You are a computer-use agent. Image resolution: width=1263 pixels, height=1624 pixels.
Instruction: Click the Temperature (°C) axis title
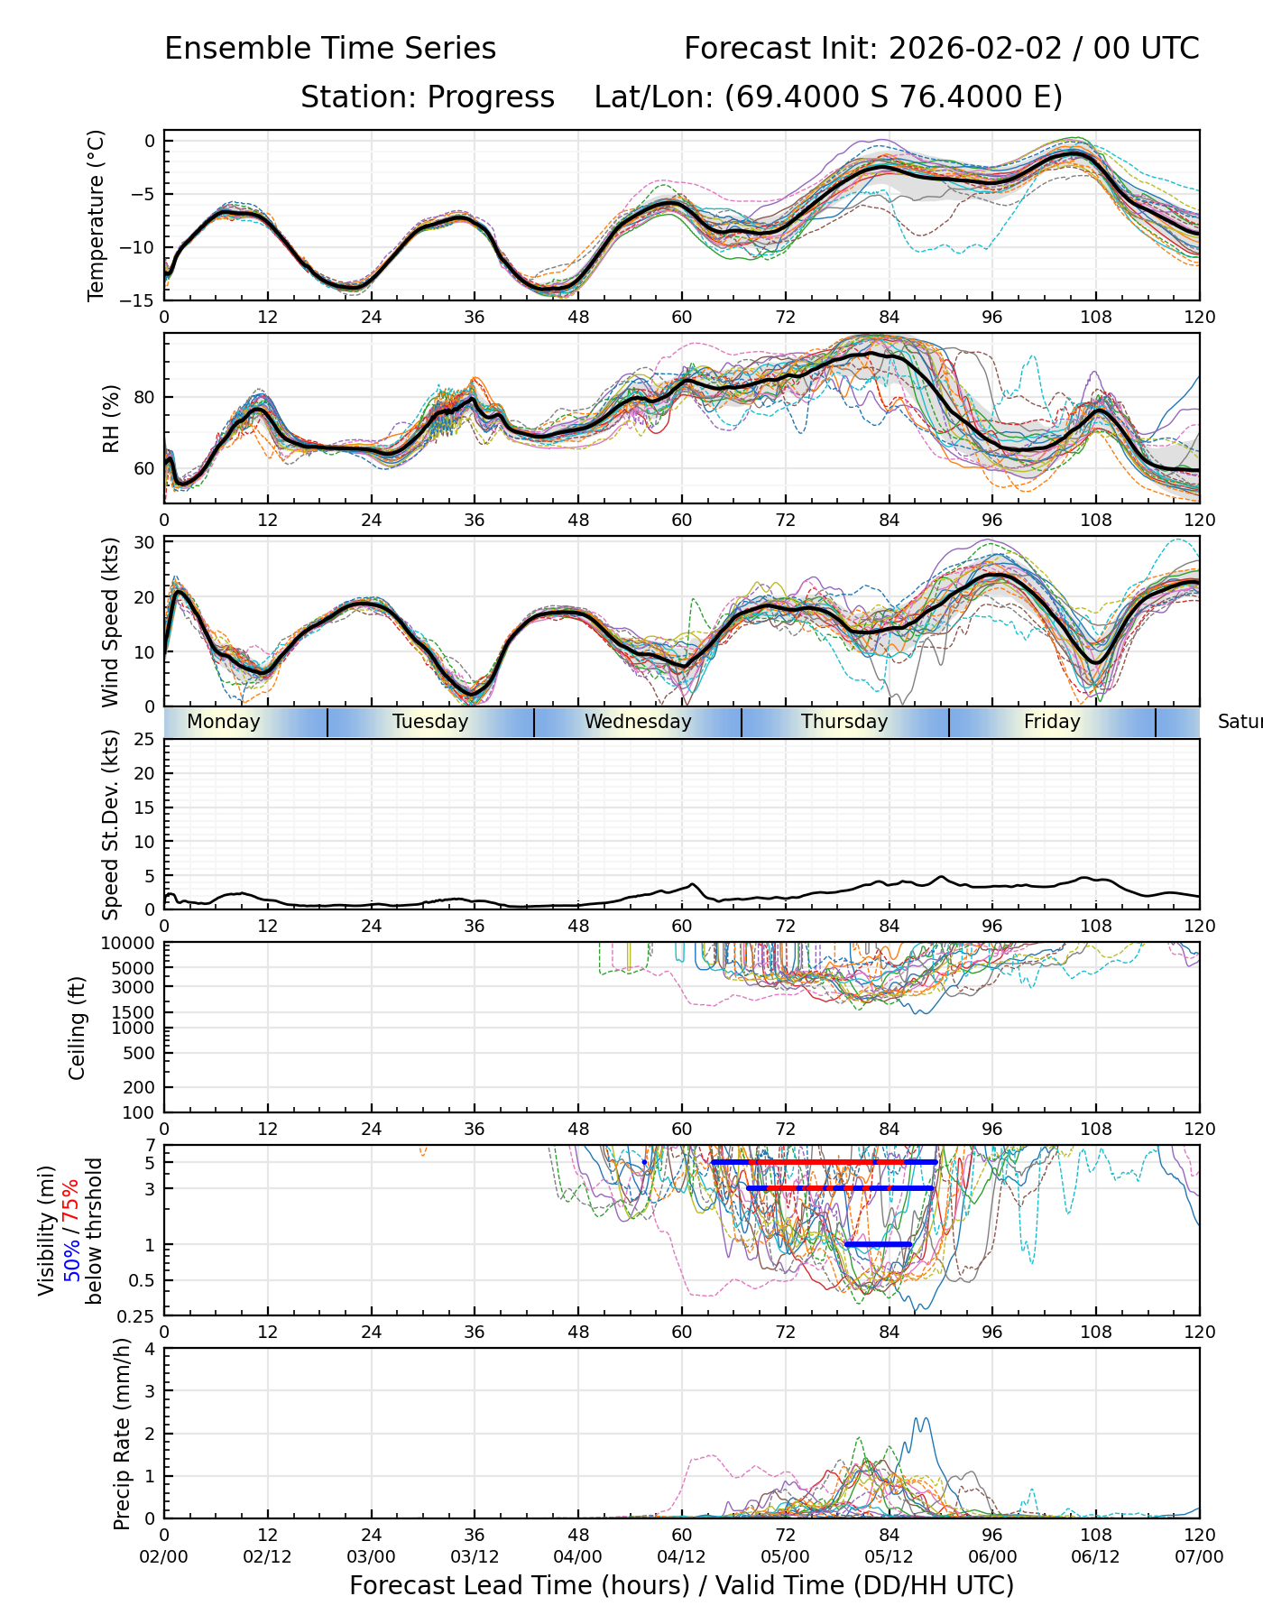point(97,216)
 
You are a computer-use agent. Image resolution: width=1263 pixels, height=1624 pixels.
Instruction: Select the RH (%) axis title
point(111,419)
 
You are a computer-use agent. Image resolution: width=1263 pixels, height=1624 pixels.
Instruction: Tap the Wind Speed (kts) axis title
point(111,623)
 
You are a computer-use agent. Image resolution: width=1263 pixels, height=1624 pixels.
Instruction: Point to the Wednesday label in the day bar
point(638,722)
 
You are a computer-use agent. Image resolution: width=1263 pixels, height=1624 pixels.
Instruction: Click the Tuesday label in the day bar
point(430,722)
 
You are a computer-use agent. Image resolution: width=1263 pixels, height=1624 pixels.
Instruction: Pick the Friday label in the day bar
point(1052,722)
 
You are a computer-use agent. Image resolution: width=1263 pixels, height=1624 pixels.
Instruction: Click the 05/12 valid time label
point(889,1557)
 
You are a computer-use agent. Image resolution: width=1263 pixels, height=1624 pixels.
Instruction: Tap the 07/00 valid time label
point(1199,1557)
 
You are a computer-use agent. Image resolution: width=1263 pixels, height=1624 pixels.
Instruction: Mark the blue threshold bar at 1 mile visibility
point(878,1244)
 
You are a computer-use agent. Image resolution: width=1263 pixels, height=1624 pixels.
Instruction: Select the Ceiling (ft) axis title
point(78,1029)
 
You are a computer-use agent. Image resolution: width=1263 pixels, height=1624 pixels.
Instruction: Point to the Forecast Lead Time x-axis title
point(681,1586)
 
